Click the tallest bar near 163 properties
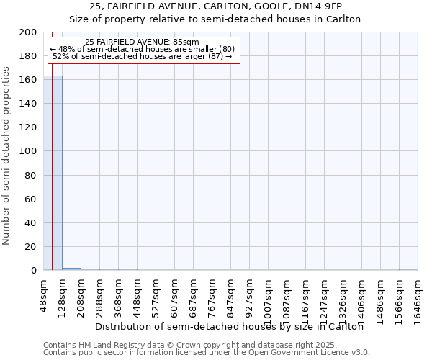(53, 173)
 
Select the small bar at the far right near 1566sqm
(408, 269)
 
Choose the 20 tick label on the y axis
(31, 247)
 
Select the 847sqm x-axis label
(231, 296)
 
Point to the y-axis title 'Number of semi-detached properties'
(6, 156)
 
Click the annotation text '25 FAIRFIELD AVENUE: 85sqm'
(142, 42)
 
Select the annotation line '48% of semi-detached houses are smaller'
(142, 49)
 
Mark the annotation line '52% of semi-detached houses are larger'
(142, 56)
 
